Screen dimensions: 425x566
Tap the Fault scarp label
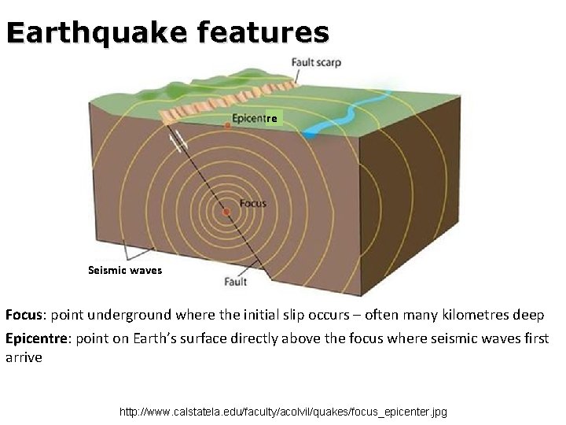click(316, 63)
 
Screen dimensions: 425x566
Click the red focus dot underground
click(226, 212)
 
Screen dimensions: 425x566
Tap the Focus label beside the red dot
click(253, 203)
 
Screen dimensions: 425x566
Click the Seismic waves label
click(125, 270)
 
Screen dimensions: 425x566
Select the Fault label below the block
click(235, 281)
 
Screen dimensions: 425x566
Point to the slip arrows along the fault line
click(179, 142)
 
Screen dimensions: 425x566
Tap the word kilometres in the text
click(470, 315)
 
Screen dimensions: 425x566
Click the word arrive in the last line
click(24, 357)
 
